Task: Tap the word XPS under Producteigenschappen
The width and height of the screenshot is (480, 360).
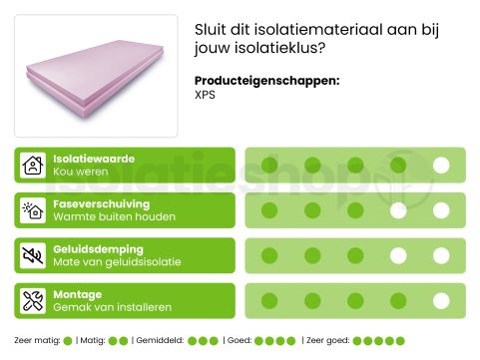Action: (x=206, y=96)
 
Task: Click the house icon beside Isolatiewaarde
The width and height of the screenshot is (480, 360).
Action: (x=33, y=166)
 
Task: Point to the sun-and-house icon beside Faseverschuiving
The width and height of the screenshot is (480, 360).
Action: (x=33, y=210)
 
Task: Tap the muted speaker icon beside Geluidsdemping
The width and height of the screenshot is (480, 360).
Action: (x=33, y=255)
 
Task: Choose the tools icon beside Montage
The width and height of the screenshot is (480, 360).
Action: (x=33, y=300)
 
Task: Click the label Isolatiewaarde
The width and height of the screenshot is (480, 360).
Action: (x=93, y=159)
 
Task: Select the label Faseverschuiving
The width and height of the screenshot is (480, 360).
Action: (x=101, y=203)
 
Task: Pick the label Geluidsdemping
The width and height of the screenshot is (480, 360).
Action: (x=98, y=248)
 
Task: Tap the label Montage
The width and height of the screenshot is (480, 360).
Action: (x=77, y=294)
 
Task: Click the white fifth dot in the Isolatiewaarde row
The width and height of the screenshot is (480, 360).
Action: (x=441, y=166)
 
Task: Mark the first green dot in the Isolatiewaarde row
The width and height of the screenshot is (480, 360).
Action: (x=268, y=166)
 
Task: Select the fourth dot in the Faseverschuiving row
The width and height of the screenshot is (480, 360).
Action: (x=398, y=210)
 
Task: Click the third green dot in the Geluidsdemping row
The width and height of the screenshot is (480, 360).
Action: (x=355, y=255)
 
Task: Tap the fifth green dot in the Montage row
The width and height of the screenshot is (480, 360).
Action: (x=441, y=300)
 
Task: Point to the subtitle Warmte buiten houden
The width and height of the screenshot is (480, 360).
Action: (x=114, y=217)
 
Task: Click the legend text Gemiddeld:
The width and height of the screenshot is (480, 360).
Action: (x=161, y=341)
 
